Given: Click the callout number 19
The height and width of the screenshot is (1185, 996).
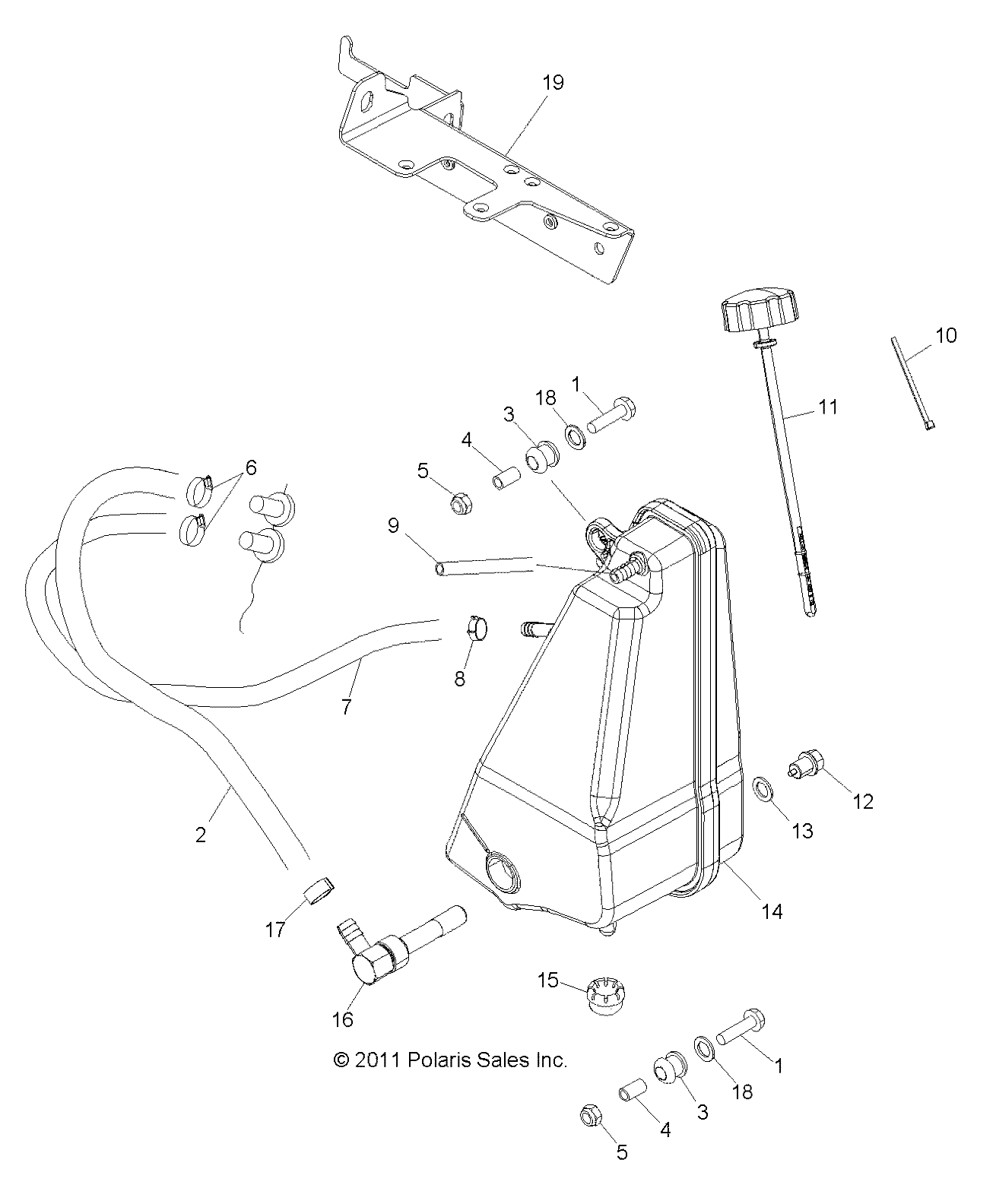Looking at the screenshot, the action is (553, 83).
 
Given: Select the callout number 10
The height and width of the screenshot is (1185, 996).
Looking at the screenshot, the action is (946, 335).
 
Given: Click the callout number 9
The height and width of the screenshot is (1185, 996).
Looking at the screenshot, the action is (394, 525).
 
